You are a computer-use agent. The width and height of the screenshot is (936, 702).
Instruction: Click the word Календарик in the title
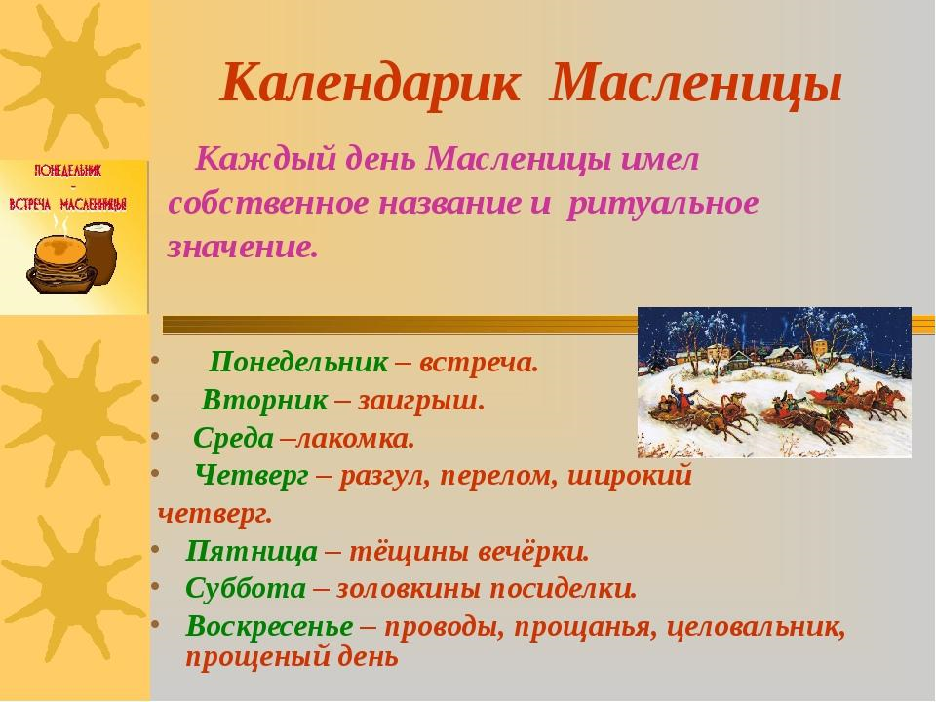click(370, 85)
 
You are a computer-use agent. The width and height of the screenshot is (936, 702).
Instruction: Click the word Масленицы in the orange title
click(696, 85)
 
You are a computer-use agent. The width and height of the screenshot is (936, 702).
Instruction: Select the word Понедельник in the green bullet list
click(298, 362)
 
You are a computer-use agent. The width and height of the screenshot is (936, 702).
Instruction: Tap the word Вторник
click(265, 400)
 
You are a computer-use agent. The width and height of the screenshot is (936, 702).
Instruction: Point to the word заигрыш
click(421, 401)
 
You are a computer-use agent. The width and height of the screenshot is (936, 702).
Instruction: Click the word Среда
click(233, 438)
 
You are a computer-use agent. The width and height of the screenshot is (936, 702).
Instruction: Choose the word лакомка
click(355, 439)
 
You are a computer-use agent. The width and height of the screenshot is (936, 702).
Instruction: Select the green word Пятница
click(252, 551)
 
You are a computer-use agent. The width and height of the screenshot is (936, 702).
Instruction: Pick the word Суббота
click(246, 589)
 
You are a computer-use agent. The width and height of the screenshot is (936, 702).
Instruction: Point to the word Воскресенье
click(269, 627)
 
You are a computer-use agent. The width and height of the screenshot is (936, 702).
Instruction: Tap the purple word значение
click(242, 247)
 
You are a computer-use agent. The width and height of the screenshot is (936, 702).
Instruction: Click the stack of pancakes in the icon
click(60, 263)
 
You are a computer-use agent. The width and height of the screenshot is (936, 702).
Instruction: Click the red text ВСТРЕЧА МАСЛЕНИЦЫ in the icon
click(67, 204)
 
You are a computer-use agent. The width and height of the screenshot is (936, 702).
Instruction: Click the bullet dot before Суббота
click(155, 586)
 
